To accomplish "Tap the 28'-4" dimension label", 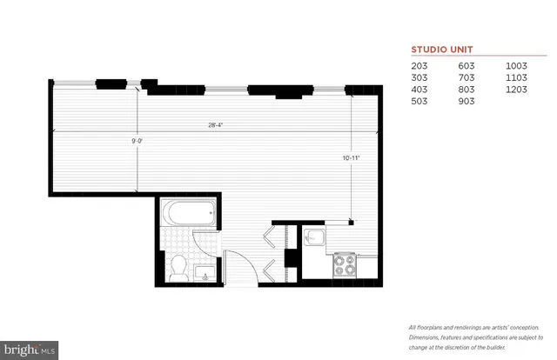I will point(214,125).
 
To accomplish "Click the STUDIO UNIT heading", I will point(441,50).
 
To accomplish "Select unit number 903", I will point(468,102).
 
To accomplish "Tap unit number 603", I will point(468,65).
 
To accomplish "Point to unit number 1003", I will point(517,65).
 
